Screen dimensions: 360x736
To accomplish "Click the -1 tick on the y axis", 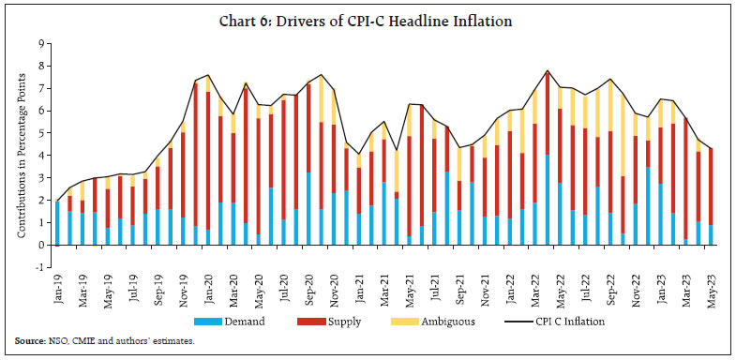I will pyautogui.click(x=38, y=267).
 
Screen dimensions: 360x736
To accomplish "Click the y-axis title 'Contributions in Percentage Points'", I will pyautogui.click(x=21, y=155).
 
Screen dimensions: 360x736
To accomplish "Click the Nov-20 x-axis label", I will pyautogui.click(x=332, y=289).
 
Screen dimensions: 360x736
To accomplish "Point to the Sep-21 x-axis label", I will pyautogui.click(x=458, y=289).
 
